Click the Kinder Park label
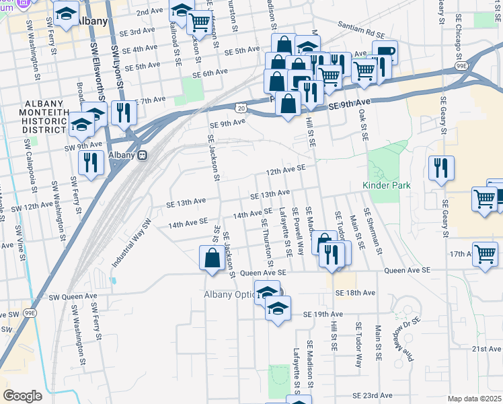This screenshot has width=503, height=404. point(385,184)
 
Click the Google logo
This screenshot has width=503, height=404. point(22,395)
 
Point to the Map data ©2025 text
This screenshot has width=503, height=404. point(475,399)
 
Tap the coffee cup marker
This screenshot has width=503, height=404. point(385,54)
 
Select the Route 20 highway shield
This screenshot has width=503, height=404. point(241,107)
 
